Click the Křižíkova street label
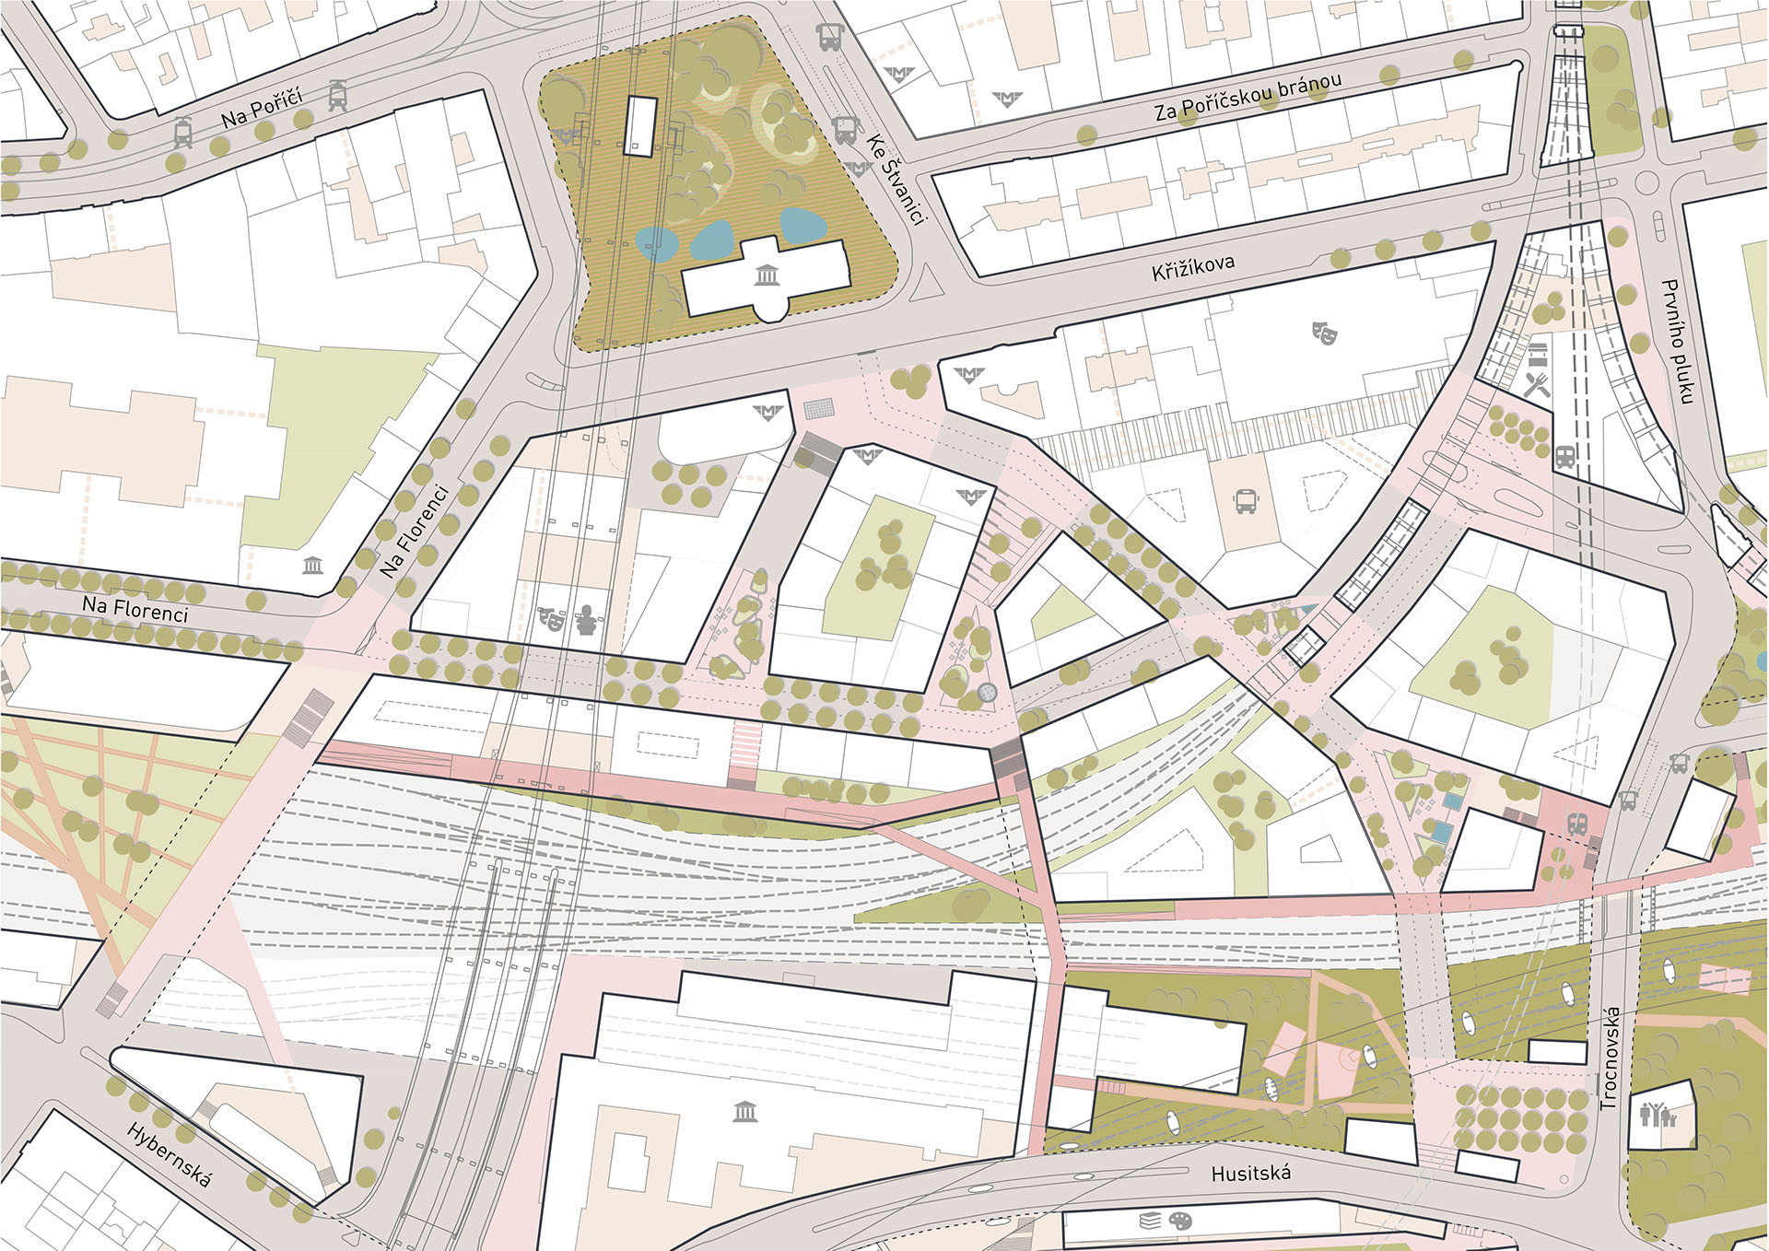[x=1192, y=268]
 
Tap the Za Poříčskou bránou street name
[x=1248, y=98]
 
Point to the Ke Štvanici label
[x=895, y=181]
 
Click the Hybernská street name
[x=170, y=1154]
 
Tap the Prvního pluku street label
[x=1679, y=342]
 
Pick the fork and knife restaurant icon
[x=1536, y=385]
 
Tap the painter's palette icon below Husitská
[x=1180, y=1222]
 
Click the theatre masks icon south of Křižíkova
[x=1324, y=332]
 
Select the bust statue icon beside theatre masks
[x=585, y=620]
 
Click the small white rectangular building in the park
[x=638, y=125]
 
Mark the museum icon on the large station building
[x=744, y=1112]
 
